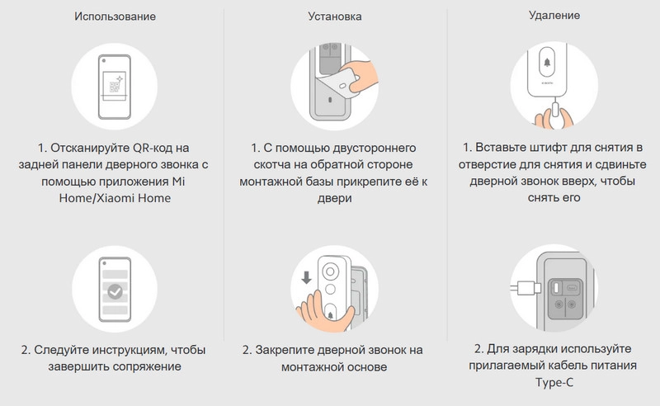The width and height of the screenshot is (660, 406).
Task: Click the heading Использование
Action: pyautogui.click(x=115, y=17)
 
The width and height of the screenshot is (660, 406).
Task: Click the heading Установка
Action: pyautogui.click(x=335, y=17)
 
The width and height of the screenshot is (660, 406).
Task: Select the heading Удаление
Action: pyautogui.click(x=554, y=16)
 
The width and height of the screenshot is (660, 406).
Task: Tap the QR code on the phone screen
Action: pyautogui.click(x=115, y=87)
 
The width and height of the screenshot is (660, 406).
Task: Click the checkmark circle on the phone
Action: pyautogui.click(x=115, y=291)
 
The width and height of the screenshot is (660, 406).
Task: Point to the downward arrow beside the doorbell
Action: pyautogui.click(x=306, y=277)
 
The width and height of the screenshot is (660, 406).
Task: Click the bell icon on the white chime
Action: pyautogui.click(x=547, y=63)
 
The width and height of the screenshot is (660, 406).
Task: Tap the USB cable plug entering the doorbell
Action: pyautogui.click(x=526, y=289)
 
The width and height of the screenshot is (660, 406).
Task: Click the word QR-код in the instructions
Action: pyautogui.click(x=153, y=149)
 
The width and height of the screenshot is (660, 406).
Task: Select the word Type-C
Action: pyautogui.click(x=554, y=382)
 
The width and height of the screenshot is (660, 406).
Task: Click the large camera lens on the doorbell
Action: pyautogui.click(x=331, y=271)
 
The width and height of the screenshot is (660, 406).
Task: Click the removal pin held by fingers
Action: pyautogui.click(x=555, y=112)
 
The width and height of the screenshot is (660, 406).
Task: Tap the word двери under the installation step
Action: pyautogui.click(x=335, y=198)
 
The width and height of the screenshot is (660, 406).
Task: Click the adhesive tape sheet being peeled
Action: pyautogui.click(x=342, y=84)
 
